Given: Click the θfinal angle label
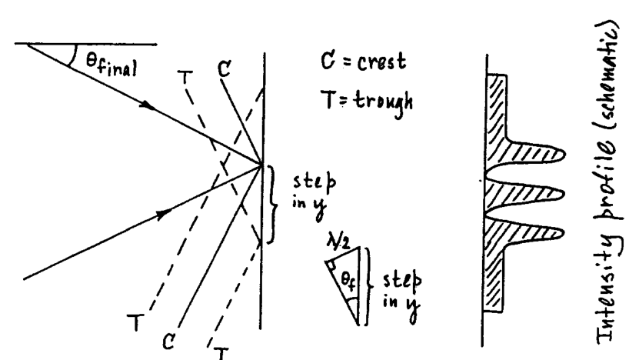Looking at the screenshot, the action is coord(111,65).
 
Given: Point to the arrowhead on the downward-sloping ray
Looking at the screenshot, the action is coord(148,105).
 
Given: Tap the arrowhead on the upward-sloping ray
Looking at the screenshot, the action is coord(165,214).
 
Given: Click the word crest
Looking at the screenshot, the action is coord(382,62).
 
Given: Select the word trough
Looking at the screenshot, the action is coord(383,102).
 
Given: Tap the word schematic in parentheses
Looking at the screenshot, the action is coord(608,74).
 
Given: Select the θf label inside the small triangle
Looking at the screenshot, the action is coord(349,281).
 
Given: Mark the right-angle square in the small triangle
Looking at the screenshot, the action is coord(331,265).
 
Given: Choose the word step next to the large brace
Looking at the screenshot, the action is coord(315,182).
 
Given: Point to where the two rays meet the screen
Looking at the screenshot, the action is coord(261,165).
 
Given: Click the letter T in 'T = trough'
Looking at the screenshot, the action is coord(329,100).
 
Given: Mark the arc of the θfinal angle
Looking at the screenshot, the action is coord(73,56).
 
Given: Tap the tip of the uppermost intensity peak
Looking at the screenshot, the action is coord(564,154).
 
